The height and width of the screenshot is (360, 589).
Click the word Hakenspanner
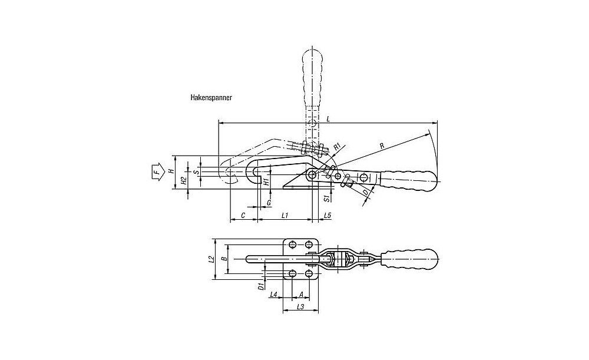[x=211, y=98]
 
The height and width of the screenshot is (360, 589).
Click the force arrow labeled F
[x=158, y=173]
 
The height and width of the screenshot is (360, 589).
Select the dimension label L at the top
[x=328, y=119]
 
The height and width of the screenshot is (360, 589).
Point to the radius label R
[x=382, y=146]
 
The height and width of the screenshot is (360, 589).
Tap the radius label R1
[x=337, y=146]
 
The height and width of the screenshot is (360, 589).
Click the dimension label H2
[x=184, y=181]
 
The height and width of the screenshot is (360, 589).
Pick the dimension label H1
[x=266, y=182]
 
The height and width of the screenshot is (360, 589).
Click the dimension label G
[x=269, y=203]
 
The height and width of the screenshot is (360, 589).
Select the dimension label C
[x=243, y=215]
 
